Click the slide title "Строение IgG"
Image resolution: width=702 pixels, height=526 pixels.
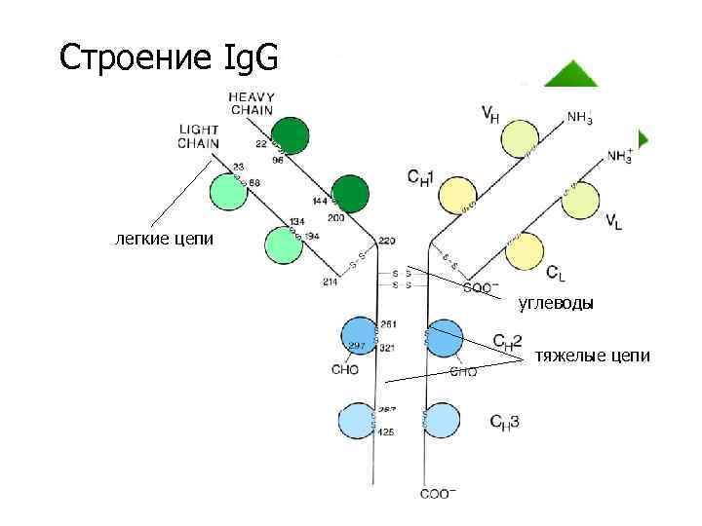click(x=168, y=57)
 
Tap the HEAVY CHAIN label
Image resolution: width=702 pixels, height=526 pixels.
click(x=253, y=103)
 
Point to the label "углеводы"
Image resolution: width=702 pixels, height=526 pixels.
click(x=556, y=303)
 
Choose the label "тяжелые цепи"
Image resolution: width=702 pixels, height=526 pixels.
click(x=591, y=357)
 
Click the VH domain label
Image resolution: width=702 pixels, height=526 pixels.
click(x=491, y=115)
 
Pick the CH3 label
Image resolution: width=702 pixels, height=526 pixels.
click(x=504, y=422)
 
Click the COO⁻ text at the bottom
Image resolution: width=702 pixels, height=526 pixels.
click(x=436, y=494)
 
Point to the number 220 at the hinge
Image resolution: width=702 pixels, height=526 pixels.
click(x=387, y=240)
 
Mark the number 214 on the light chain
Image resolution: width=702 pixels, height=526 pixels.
click(x=330, y=282)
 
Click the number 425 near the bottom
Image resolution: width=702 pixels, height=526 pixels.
click(x=385, y=432)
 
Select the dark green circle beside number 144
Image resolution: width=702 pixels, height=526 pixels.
click(x=350, y=194)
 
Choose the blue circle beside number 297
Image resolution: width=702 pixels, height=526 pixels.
click(x=358, y=335)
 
